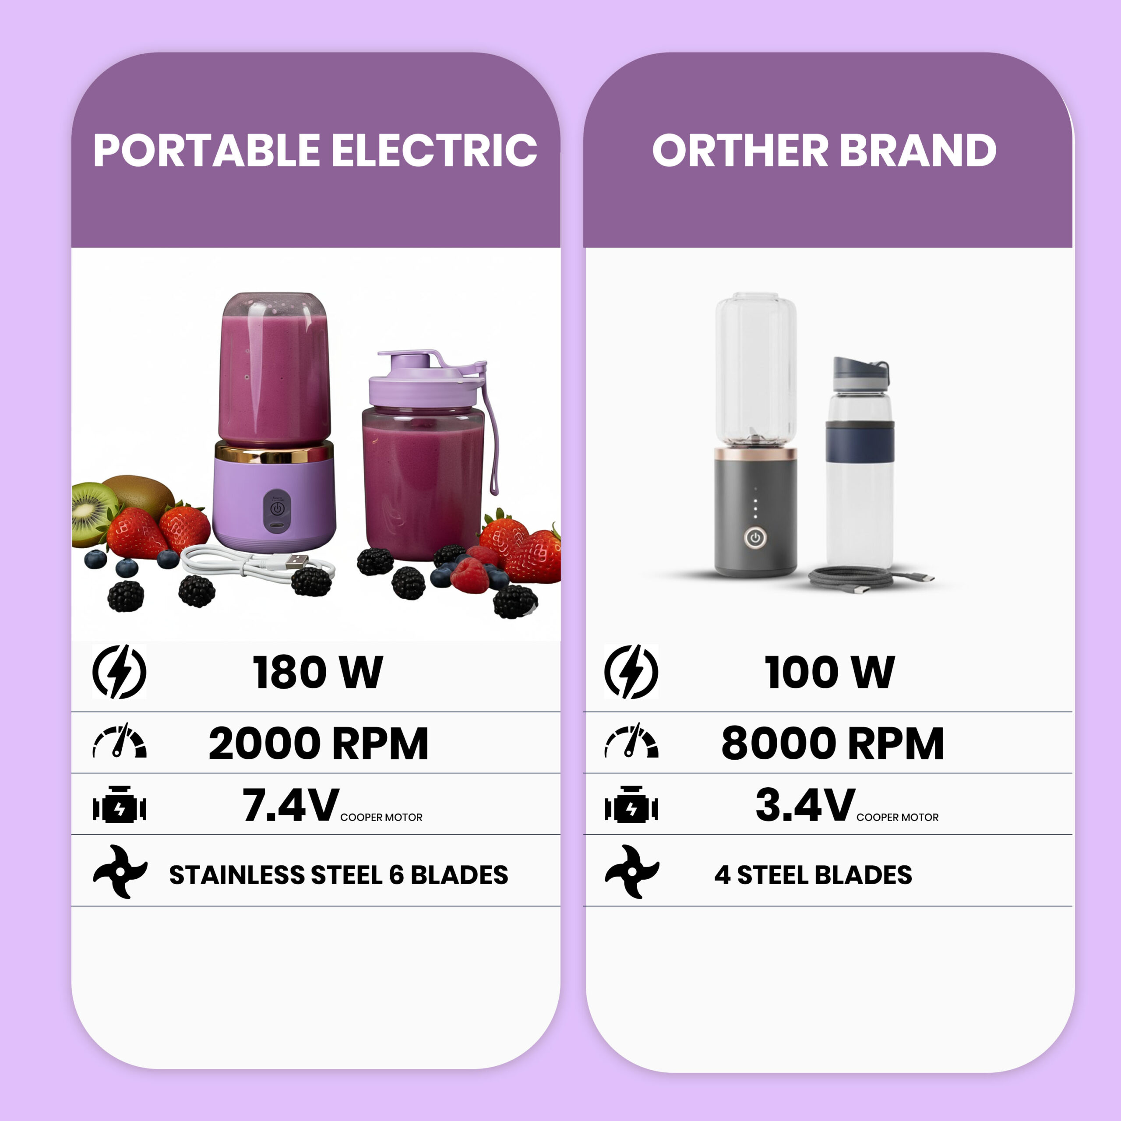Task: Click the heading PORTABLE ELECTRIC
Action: [315, 150]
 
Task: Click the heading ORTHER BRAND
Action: [825, 150]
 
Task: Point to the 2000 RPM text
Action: [318, 743]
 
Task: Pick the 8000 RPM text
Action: [832, 743]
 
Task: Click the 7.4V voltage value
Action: [291, 805]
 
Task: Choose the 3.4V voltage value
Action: [805, 805]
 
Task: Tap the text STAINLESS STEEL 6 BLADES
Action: [338, 875]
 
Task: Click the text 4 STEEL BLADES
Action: [813, 875]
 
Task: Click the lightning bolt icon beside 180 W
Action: [120, 671]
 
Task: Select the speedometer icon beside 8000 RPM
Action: [631, 740]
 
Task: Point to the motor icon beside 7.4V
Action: [120, 805]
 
